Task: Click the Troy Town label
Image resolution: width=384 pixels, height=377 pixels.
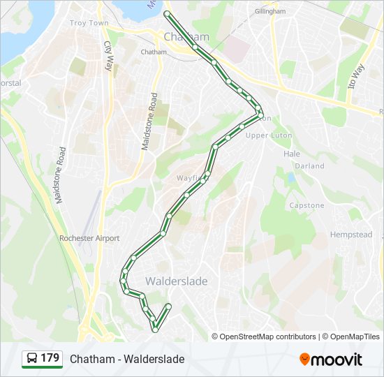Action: point(89,23)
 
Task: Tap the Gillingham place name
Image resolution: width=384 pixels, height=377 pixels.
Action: point(270,12)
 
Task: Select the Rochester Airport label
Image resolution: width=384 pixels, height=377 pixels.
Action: point(89,238)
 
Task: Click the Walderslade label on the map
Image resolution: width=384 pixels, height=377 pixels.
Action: point(177,281)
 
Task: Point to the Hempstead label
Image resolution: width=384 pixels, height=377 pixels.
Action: point(351,235)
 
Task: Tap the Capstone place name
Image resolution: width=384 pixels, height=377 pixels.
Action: point(307,206)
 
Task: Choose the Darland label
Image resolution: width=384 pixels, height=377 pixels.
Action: point(310,166)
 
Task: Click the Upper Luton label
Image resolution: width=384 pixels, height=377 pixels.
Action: point(269,135)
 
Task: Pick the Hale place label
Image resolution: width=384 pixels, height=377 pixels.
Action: point(291,154)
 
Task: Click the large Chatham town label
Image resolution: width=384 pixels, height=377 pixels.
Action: point(186,36)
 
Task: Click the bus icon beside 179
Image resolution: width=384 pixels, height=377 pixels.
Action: point(32,359)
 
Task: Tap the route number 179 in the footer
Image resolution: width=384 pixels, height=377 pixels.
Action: point(50,358)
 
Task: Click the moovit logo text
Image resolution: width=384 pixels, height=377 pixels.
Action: point(337,360)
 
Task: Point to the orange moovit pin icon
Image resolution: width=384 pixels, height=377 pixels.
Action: point(304,360)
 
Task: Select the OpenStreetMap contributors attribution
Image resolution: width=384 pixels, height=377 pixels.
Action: point(268,337)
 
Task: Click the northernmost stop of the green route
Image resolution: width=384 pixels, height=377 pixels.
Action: point(166,13)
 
